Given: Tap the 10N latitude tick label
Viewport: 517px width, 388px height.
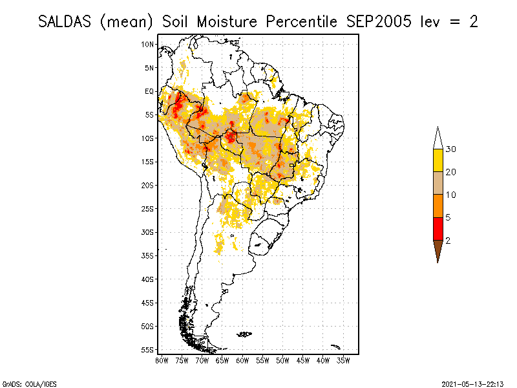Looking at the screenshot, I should click(x=148, y=44).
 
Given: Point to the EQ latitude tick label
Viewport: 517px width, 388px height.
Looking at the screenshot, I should click(x=149, y=91).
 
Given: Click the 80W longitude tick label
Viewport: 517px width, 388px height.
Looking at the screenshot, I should click(x=162, y=360).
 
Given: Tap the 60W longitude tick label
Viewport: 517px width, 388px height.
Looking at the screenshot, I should click(x=242, y=360).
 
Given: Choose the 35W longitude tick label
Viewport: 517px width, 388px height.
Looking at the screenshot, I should click(x=343, y=360).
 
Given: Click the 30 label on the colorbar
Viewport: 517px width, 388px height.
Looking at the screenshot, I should click(x=451, y=149).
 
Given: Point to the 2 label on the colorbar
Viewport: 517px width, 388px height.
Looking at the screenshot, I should click(x=448, y=240).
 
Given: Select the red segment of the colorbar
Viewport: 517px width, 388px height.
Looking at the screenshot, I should click(x=438, y=228).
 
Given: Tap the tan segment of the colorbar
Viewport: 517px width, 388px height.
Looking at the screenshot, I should click(x=438, y=183).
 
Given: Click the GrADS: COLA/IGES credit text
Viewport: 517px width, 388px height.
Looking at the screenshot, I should click(x=25, y=383).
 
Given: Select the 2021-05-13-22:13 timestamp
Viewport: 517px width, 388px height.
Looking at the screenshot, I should click(x=472, y=383).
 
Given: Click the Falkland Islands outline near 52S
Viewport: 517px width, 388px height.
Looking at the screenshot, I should click(x=244, y=334).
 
